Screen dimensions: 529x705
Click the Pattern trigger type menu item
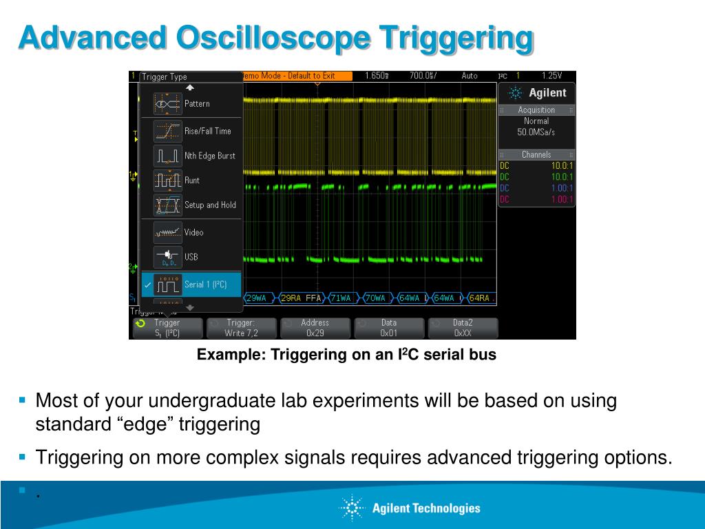pos(191,103)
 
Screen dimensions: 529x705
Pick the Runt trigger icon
pos(167,180)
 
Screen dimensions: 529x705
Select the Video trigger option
pos(191,232)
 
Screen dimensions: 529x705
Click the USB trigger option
pos(191,257)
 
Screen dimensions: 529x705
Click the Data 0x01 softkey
pos(388,328)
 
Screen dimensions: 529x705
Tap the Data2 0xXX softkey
pos(462,328)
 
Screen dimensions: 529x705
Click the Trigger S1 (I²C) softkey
pos(167,328)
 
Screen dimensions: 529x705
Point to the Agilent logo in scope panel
pos(536,93)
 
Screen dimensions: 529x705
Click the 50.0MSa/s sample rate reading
pos(536,132)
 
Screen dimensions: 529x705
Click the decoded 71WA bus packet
pos(341,298)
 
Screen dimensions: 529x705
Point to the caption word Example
pos(229,355)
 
